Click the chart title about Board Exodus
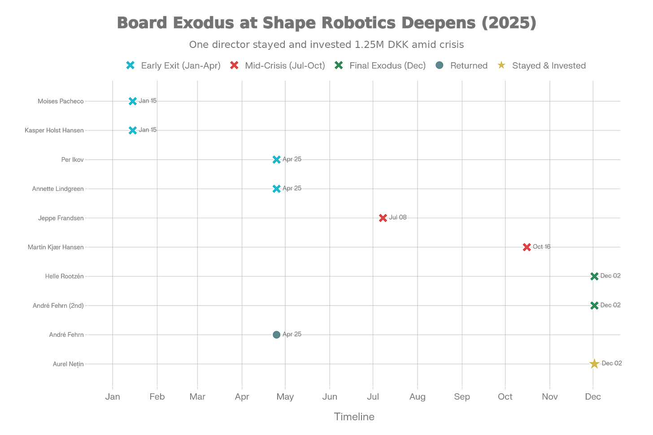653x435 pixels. [326, 22]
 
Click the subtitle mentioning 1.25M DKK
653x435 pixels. [326, 44]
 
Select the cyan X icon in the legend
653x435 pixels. [130, 65]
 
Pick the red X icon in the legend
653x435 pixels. [234, 65]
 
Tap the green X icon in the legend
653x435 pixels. [339, 65]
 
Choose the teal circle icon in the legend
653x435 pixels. [440, 65]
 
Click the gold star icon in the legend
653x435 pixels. [501, 65]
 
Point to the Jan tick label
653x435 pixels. [113, 396]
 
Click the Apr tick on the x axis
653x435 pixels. [242, 396]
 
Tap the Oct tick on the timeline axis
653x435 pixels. [505, 396]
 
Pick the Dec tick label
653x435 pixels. [593, 396]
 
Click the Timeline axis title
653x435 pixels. [355, 417]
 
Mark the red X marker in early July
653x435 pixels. [383, 218]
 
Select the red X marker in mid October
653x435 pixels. [527, 247]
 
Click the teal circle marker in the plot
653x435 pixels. [277, 335]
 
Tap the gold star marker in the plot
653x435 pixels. [594, 363]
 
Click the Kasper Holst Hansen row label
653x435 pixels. [54, 130]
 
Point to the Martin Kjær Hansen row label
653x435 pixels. [56, 247]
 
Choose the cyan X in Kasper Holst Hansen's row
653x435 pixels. [132, 130]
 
